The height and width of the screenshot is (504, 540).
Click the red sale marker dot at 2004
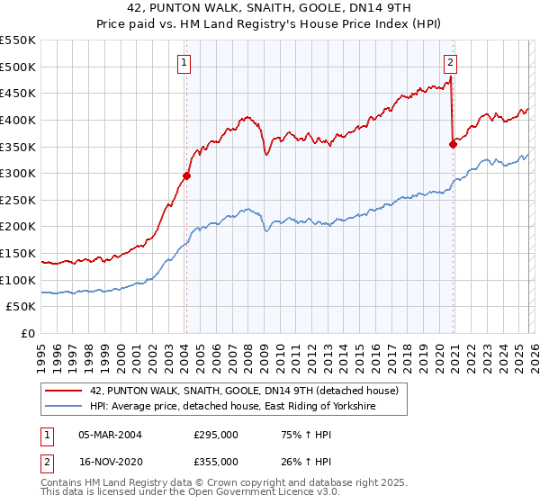click(x=186, y=176)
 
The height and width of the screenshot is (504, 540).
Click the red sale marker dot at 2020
click(x=453, y=144)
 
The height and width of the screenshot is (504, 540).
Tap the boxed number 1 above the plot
click(x=184, y=63)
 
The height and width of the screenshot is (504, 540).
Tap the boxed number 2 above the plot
click(x=449, y=63)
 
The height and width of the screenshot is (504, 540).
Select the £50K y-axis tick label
click(x=22, y=307)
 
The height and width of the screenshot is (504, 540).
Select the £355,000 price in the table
click(x=216, y=461)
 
